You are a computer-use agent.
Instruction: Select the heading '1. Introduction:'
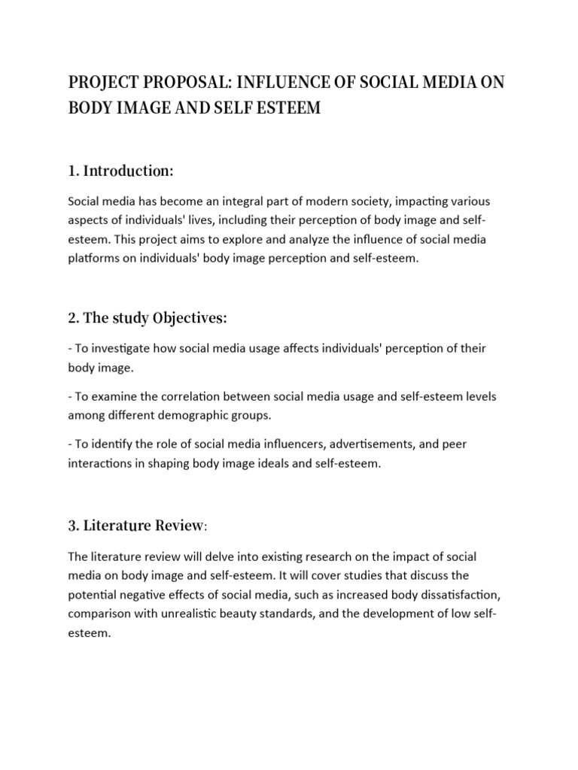tap(120, 171)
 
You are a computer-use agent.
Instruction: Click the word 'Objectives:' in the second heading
tap(190, 318)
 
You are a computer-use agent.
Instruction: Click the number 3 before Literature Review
tap(71, 526)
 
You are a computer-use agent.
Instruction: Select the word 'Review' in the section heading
tap(178, 526)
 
